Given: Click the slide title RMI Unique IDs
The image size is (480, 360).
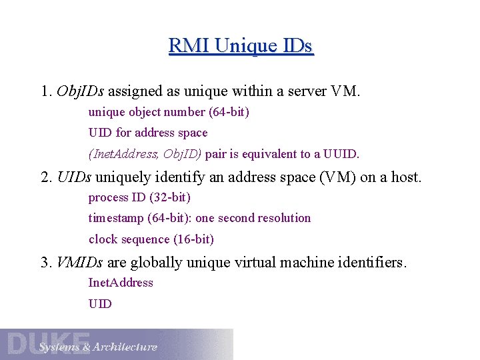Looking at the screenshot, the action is [241, 46].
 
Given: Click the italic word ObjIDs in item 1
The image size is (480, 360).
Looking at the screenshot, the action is [80, 91].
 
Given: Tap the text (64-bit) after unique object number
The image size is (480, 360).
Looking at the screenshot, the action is [229, 113].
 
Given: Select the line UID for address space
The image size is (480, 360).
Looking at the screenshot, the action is [148, 133].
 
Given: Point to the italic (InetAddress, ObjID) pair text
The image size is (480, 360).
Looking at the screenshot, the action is [145, 154].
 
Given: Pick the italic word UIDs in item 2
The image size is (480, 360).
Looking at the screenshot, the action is [75, 177].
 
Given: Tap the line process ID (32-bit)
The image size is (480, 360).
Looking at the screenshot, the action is [139, 197].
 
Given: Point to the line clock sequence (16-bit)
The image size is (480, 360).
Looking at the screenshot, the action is [151, 239].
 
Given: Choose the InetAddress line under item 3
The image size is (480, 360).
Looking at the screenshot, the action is [121, 283].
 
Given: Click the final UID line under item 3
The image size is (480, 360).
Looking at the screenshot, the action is [100, 304].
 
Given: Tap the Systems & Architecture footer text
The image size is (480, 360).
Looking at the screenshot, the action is [98, 347].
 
